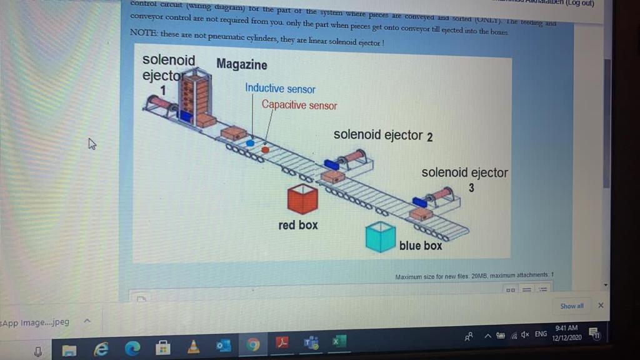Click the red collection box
pyautogui.click(x=302, y=199)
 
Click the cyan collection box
pyautogui.click(x=380, y=237)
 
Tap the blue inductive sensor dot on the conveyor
pyautogui.click(x=250, y=143)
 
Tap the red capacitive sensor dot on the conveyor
pyautogui.click(x=265, y=150)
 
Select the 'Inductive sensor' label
pyautogui.click(x=280, y=89)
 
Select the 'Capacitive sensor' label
pyautogui.click(x=299, y=105)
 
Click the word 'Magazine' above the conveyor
pyautogui.click(x=241, y=64)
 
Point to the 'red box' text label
pyautogui.click(x=298, y=225)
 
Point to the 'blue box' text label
pyautogui.click(x=420, y=246)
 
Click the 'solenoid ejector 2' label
pyautogui.click(x=382, y=135)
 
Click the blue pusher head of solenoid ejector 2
pyautogui.click(x=331, y=164)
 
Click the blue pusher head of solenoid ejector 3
pyautogui.click(x=419, y=202)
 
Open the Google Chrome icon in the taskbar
pyautogui.click(x=253, y=342)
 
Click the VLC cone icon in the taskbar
pyautogui.click(x=194, y=342)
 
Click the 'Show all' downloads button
pyautogui.click(x=572, y=306)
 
